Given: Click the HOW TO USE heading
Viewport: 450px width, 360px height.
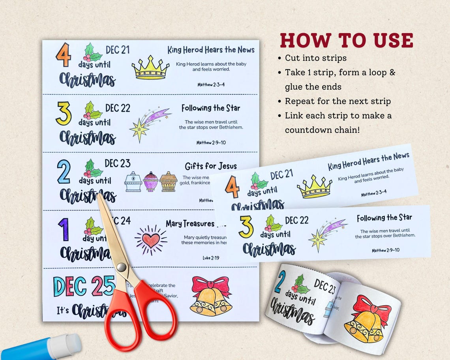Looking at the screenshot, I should pyautogui.click(x=347, y=40).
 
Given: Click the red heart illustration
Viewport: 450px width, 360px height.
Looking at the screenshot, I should pyautogui.click(x=151, y=240).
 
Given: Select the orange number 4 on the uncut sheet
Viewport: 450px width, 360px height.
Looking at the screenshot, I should pyautogui.click(x=63, y=55).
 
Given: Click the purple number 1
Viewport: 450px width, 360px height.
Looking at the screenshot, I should pyautogui.click(x=64, y=229).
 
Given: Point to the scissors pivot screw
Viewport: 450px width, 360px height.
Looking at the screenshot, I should pyautogui.click(x=122, y=267).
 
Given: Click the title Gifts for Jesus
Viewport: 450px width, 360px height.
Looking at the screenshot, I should pyautogui.click(x=211, y=166).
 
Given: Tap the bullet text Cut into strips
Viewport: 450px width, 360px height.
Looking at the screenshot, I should pyautogui.click(x=316, y=58).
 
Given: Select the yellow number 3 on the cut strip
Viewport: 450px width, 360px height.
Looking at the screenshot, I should pyautogui.click(x=246, y=227).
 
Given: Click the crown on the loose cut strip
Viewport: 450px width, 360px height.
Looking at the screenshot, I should pyautogui.click(x=314, y=186).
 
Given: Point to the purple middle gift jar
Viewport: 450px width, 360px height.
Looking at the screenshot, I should pyautogui.click(x=150, y=182).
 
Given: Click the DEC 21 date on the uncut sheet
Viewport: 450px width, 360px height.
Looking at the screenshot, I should pyautogui.click(x=118, y=50).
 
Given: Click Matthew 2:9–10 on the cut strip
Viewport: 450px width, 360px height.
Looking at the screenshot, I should pyautogui.click(x=385, y=250).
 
